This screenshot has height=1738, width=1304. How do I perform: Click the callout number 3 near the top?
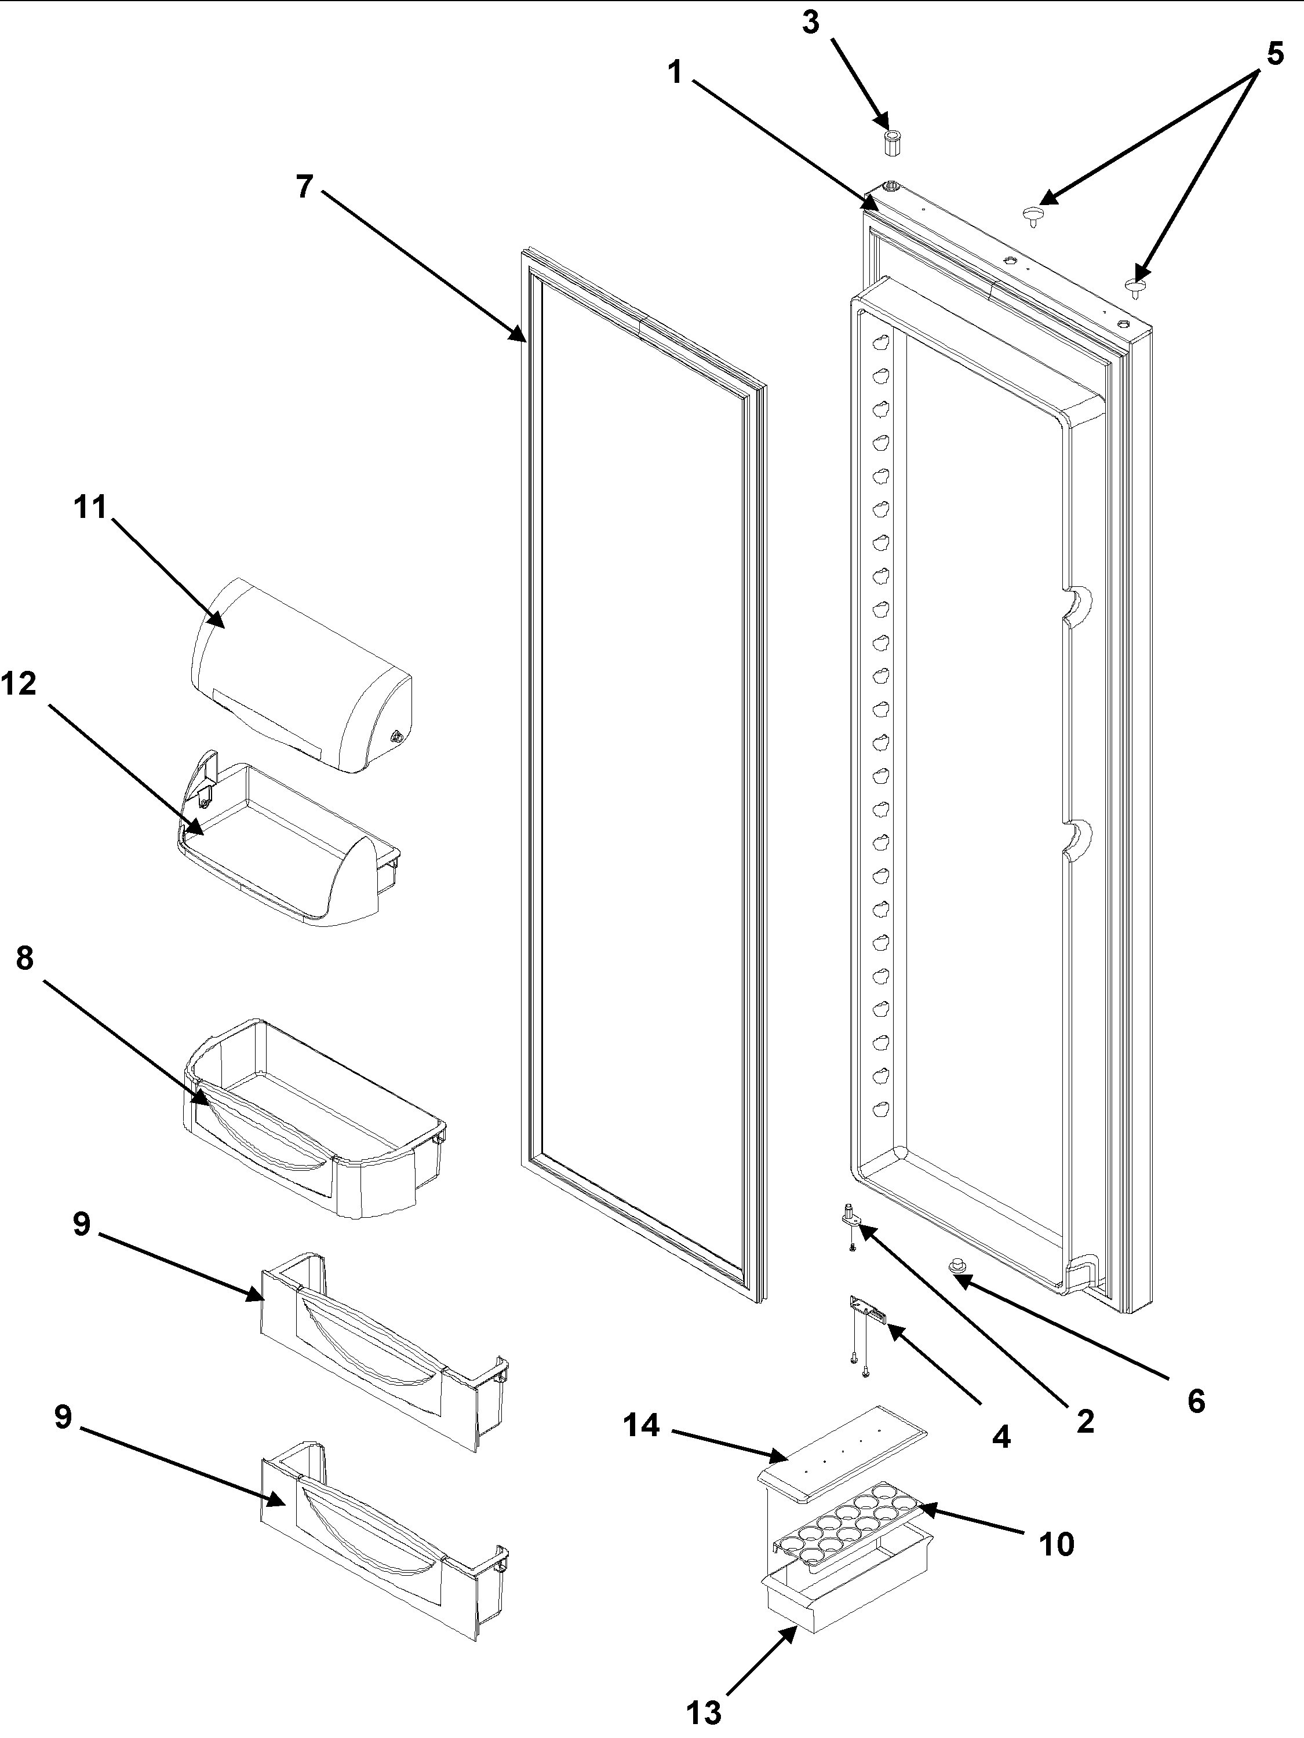(x=810, y=24)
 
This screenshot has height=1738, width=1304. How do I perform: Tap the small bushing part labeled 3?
(x=891, y=144)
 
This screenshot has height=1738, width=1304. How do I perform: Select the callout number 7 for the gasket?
(x=305, y=187)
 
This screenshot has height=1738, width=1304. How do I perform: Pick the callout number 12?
(x=19, y=684)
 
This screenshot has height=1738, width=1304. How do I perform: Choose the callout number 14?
(x=642, y=1425)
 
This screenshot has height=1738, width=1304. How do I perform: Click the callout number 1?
(x=675, y=73)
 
